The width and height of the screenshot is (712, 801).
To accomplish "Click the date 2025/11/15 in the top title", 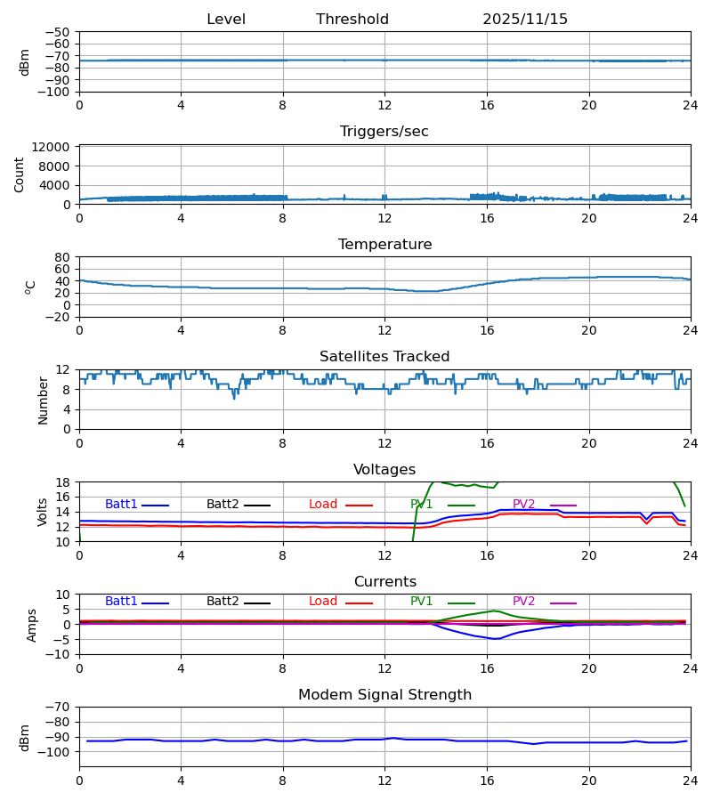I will (x=525, y=20).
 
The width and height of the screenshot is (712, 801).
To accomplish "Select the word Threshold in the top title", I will (x=352, y=20).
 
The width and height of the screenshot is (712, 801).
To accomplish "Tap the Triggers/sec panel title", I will (x=384, y=132).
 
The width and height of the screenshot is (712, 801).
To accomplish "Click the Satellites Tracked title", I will (x=384, y=357).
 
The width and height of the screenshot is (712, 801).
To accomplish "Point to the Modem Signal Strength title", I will (x=384, y=695).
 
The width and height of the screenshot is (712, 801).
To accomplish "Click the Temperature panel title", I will (x=384, y=245).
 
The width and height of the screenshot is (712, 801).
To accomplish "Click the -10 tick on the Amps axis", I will (x=59, y=655).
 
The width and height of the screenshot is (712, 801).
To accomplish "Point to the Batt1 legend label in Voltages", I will (x=121, y=505).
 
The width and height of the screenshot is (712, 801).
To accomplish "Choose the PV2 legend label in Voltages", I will (x=524, y=505).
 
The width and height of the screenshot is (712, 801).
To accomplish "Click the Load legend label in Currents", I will (x=323, y=602).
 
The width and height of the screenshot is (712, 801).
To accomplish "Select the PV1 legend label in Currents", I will (x=422, y=602).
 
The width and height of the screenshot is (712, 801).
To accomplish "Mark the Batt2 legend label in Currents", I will (x=222, y=602).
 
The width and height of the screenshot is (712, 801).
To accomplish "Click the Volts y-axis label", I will (x=43, y=512).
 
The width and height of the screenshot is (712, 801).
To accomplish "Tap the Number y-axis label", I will (x=43, y=400).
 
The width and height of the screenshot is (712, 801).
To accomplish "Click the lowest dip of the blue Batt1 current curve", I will (x=497, y=639).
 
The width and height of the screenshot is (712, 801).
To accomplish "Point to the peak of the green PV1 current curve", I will (x=495, y=611).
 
